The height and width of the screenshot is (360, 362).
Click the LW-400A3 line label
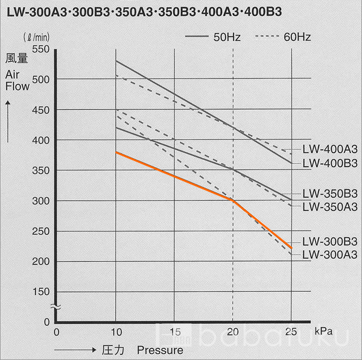(329, 150)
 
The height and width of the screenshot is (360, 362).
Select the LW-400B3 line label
(329, 163)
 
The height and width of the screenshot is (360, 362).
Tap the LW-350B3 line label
(329, 194)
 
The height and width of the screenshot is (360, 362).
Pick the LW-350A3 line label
(329, 207)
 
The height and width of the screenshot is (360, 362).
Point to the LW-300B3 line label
(329, 241)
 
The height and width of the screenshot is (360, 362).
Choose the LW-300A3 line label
(329, 254)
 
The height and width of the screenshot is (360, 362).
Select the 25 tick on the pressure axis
(291, 332)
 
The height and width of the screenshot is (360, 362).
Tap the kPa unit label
(324, 332)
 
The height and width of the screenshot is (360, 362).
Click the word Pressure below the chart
(159, 349)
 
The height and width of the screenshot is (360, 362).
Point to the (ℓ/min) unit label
(37, 39)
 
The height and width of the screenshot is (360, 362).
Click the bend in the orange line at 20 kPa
(233, 200)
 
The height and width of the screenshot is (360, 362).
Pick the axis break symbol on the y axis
(55, 307)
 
